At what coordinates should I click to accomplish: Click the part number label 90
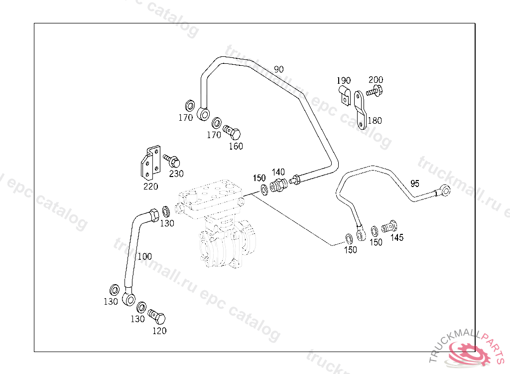point(278,69)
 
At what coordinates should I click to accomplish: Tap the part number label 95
point(415,183)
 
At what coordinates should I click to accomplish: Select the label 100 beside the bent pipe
point(144,256)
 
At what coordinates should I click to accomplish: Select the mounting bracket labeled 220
point(150,163)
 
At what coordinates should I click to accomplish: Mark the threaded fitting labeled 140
point(278,186)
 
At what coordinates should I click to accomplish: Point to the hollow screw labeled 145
point(390,227)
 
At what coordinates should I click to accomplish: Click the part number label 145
point(397,238)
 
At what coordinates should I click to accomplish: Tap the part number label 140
point(278,173)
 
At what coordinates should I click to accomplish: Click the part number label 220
point(150,187)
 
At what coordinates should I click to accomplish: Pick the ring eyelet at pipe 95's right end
point(444,190)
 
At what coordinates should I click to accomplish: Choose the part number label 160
point(236,146)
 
